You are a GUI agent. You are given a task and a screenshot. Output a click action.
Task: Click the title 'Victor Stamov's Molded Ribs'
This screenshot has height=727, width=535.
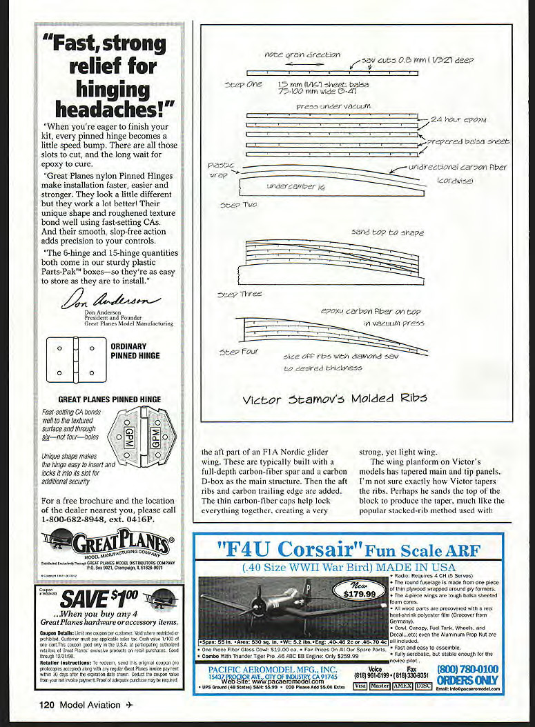(335, 398)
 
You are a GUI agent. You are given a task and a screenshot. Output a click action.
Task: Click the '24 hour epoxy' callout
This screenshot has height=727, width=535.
(460, 119)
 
